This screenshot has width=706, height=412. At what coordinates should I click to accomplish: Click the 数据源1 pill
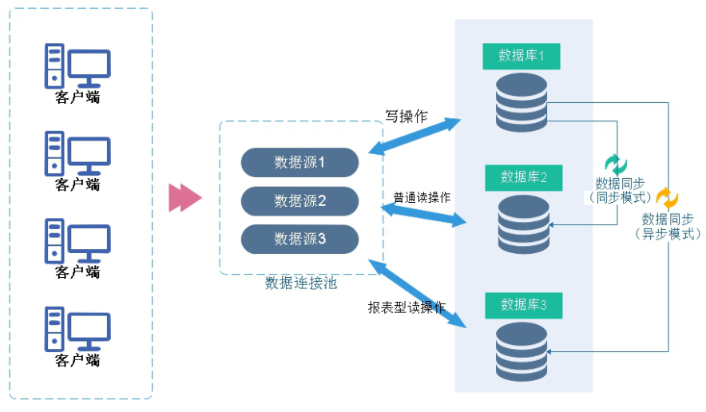pos(299,162)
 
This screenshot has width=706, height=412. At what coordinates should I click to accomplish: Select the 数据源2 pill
pos(299,200)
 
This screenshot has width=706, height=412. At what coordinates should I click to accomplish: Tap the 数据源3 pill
pos(299,238)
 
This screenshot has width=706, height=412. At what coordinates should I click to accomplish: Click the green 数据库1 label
pos(522,56)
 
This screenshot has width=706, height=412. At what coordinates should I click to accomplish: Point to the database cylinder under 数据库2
pos(524,224)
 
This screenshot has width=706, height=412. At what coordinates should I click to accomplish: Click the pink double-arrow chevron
pos(184,199)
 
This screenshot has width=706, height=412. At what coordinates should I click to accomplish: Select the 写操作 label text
pos(406,117)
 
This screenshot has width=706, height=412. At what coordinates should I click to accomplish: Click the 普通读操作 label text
pos(422,198)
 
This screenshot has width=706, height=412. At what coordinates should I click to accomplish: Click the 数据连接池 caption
pos(301,283)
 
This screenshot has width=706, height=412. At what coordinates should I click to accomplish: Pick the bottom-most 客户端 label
pos(77,360)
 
